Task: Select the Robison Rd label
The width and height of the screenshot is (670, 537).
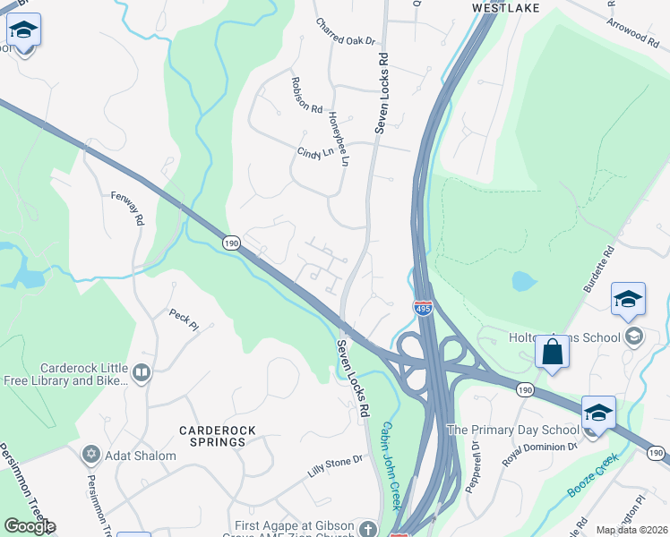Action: [306, 95]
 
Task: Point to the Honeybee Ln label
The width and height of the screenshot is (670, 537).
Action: [338, 139]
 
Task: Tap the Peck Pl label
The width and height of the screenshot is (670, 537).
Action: [184, 320]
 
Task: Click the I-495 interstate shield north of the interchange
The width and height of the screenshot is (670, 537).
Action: [423, 308]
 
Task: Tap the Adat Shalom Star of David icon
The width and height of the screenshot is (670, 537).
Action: [90, 456]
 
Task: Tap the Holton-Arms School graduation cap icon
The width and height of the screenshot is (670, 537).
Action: [634, 337]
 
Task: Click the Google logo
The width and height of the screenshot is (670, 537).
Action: [30, 526]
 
